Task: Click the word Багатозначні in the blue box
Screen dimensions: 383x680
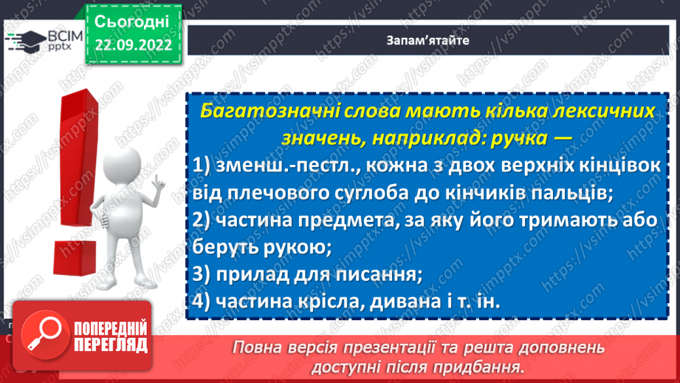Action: [x=270, y=112]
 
